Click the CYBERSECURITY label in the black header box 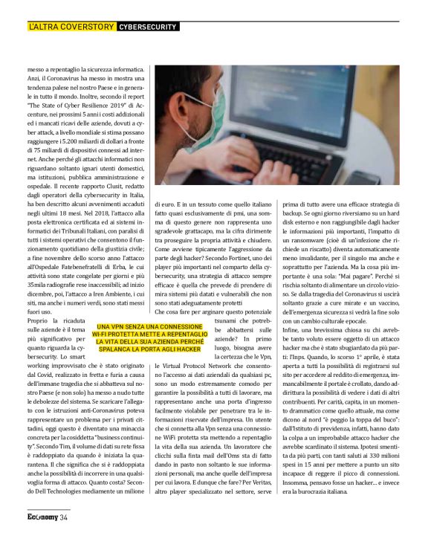[x=148, y=27]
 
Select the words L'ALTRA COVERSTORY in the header [x=71, y=27]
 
